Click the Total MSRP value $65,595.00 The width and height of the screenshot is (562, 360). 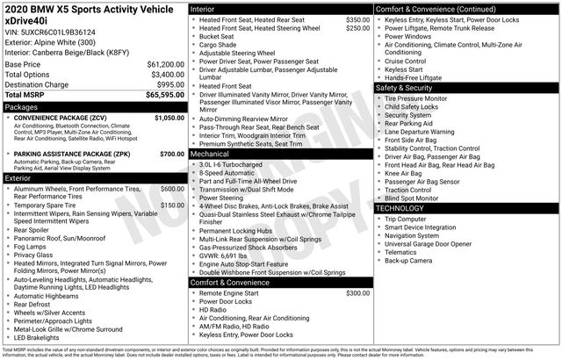coord(162,95)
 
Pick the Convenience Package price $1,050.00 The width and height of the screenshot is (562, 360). coord(169,118)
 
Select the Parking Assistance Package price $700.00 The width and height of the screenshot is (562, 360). coord(171,155)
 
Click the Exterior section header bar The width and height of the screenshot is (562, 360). coord(93,178)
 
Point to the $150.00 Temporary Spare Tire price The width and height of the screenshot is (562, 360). coord(171,205)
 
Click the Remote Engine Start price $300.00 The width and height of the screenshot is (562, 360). coord(357,293)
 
